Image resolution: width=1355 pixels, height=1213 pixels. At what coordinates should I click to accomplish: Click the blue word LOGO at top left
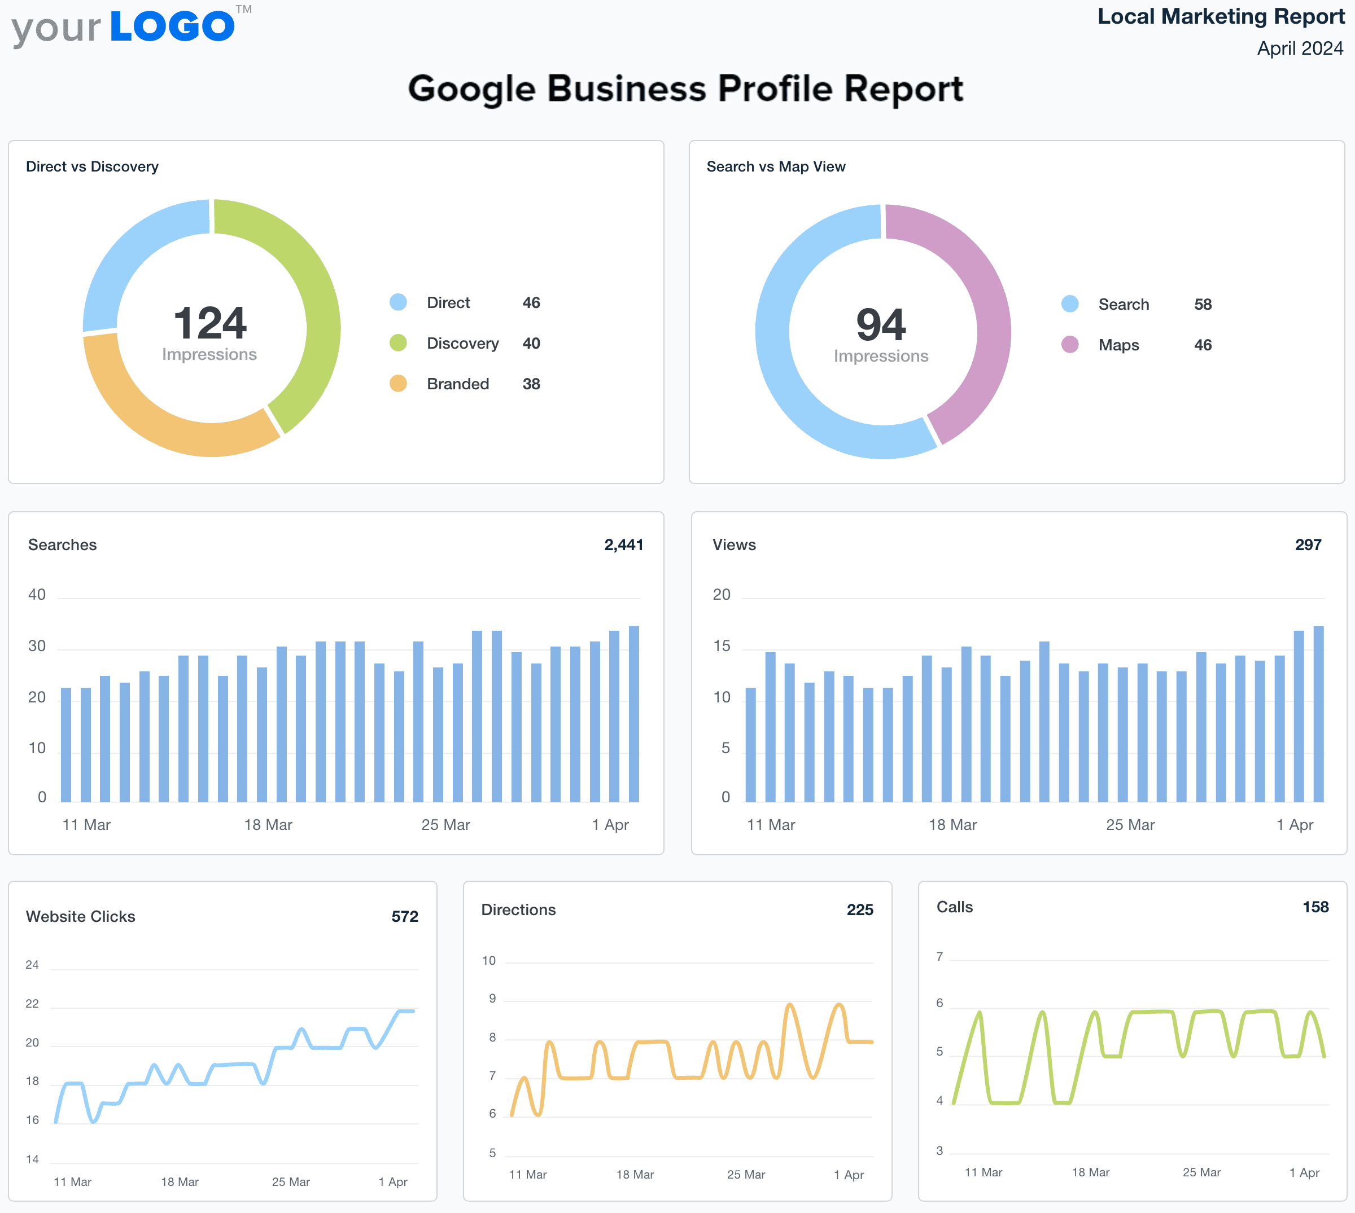click(172, 27)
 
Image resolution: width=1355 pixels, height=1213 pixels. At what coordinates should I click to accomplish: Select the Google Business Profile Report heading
click(685, 89)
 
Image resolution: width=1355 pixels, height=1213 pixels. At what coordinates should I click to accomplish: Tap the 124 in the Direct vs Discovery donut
click(209, 323)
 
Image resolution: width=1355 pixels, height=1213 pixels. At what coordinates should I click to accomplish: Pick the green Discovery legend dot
click(398, 343)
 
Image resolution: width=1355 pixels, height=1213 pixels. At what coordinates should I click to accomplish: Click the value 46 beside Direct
click(531, 302)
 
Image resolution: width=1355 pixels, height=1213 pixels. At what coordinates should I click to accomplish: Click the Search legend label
click(1123, 305)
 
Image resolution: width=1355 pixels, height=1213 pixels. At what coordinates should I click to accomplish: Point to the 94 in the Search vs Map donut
click(880, 324)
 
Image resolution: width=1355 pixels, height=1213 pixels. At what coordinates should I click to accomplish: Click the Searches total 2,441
click(623, 544)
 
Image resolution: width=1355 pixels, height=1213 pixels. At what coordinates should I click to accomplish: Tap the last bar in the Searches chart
click(633, 713)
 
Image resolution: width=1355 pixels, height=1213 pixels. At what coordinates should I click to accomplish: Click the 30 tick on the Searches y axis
click(37, 646)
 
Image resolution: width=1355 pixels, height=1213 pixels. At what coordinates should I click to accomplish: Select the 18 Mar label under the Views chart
click(952, 824)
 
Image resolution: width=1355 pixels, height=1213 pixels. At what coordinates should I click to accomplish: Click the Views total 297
click(1307, 544)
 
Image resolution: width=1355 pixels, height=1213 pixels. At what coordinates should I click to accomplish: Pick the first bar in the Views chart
click(751, 743)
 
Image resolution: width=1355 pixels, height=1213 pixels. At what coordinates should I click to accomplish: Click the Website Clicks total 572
click(404, 916)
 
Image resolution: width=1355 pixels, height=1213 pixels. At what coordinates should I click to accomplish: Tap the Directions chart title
click(518, 909)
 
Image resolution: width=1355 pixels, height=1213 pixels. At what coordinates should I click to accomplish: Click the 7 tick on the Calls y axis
click(939, 957)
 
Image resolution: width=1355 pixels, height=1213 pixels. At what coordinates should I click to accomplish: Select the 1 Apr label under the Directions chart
click(848, 1174)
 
